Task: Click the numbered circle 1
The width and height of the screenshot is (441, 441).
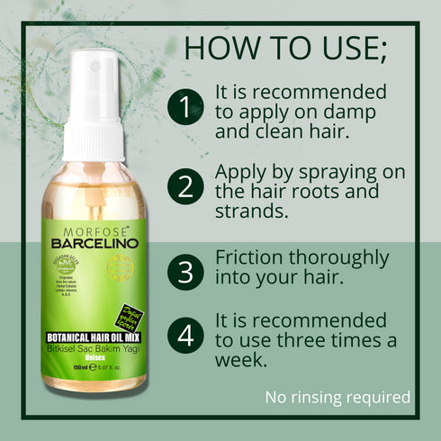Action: tap(185, 108)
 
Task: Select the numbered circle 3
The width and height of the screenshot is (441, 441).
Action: tap(185, 271)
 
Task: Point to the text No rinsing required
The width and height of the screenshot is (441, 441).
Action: tap(337, 397)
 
